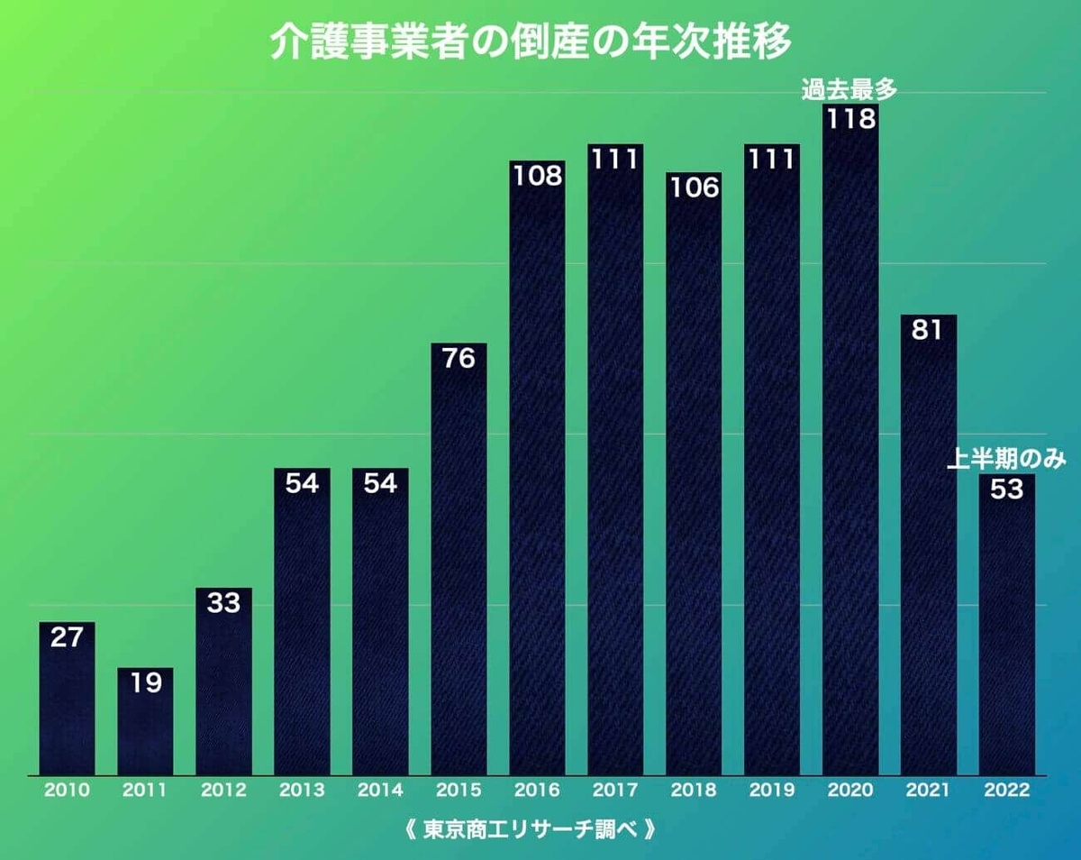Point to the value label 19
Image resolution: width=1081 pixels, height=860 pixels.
[x=145, y=682]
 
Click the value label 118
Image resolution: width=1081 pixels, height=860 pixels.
[x=850, y=119]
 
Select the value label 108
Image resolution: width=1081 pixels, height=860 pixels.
[x=537, y=175]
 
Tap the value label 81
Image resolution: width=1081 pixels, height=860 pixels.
[x=928, y=330]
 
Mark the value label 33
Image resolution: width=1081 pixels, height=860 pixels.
[x=223, y=602]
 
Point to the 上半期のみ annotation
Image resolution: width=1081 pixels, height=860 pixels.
[x=1006, y=461]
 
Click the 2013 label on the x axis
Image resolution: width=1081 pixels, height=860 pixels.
[x=302, y=791]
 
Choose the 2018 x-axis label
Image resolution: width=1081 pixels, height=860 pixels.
[x=694, y=791]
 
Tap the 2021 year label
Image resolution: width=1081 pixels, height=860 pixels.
[x=928, y=791]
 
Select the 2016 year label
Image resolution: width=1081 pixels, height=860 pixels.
[x=537, y=791]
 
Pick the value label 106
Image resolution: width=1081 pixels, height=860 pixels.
[x=694, y=188]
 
